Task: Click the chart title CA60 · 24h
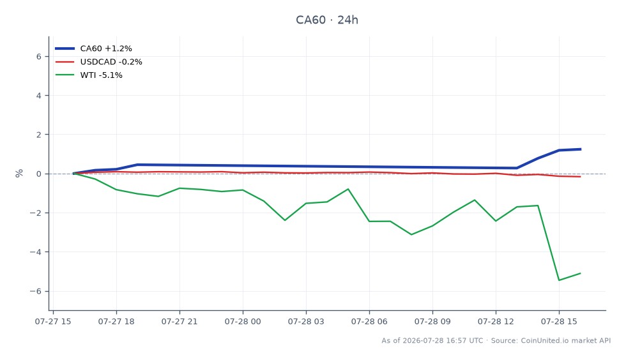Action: click(326, 20)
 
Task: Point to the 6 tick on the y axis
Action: click(39, 57)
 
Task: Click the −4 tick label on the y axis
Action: click(36, 252)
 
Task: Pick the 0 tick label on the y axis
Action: click(39, 174)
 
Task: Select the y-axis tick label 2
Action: click(39, 135)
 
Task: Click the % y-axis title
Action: click(19, 173)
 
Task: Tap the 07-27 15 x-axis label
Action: click(53, 321)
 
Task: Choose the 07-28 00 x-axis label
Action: click(243, 321)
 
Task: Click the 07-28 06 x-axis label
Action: click(369, 321)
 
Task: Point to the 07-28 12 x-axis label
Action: click(496, 321)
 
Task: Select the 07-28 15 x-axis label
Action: click(559, 321)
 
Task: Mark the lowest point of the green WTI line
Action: click(559, 280)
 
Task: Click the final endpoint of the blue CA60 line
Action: click(580, 149)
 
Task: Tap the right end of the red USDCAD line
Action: click(580, 176)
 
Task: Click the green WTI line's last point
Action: click(580, 273)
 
